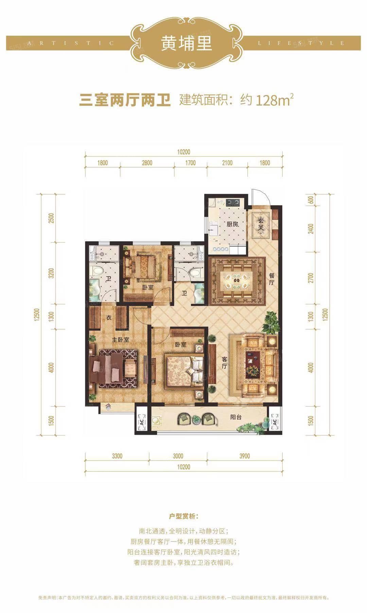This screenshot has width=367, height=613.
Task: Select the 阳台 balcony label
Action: pos(236,417)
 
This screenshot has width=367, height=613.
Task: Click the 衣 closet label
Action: pos(109,318)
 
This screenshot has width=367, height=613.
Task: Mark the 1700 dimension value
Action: pos(190,163)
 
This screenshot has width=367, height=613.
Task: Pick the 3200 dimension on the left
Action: pos(51,274)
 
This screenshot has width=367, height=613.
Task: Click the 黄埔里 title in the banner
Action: pos(187,43)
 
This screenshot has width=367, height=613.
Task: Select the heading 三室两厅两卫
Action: pos(125,100)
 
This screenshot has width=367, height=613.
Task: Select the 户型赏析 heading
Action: pos(183,517)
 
